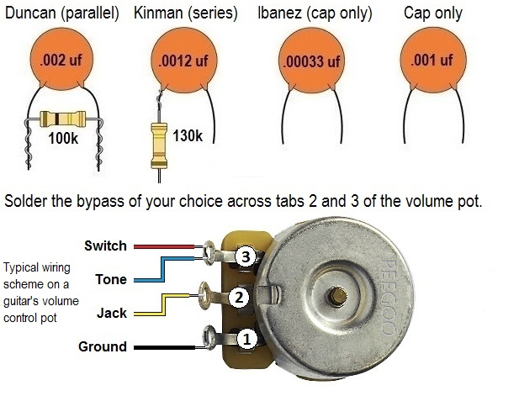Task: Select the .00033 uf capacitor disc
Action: tap(310, 61)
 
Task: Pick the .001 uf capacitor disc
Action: tap(432, 61)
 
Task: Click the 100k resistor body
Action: tap(64, 119)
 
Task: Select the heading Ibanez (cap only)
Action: tap(315, 14)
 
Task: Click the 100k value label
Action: tap(64, 139)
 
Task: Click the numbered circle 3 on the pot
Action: tap(245, 258)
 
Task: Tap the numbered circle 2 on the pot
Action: tap(240, 297)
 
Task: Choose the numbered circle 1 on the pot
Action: tap(245, 339)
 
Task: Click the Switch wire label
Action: tap(105, 246)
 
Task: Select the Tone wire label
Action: tap(111, 279)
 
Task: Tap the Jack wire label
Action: tap(111, 313)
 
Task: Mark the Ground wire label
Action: tap(102, 346)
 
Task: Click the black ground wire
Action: tap(168, 346)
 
